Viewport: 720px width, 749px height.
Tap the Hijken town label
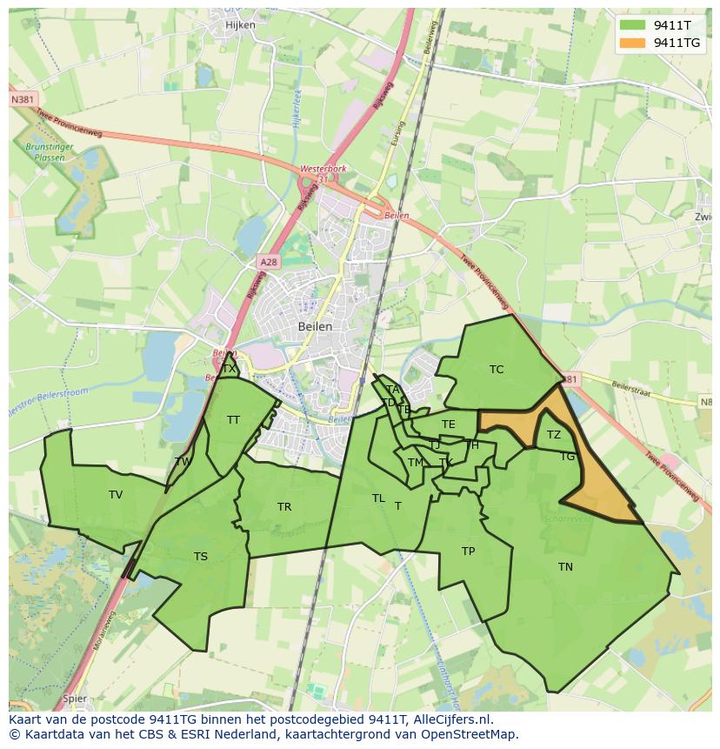(x=240, y=25)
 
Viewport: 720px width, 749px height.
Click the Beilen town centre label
(x=315, y=326)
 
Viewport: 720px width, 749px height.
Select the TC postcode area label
(x=497, y=370)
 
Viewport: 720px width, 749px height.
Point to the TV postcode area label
(x=116, y=495)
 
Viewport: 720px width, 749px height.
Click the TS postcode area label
(x=201, y=557)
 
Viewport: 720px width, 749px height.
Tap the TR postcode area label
(x=284, y=507)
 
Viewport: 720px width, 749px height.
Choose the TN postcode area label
(x=565, y=567)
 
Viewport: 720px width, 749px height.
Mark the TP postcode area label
(x=468, y=552)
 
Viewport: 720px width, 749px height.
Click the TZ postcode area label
(x=554, y=435)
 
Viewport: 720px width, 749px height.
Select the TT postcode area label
(x=233, y=420)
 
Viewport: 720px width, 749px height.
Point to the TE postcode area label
(x=449, y=425)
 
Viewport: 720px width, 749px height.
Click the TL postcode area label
(x=378, y=498)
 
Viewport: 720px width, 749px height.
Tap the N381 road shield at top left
(x=23, y=100)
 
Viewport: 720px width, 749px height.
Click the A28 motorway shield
(x=268, y=261)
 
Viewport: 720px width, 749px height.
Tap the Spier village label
(x=75, y=698)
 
